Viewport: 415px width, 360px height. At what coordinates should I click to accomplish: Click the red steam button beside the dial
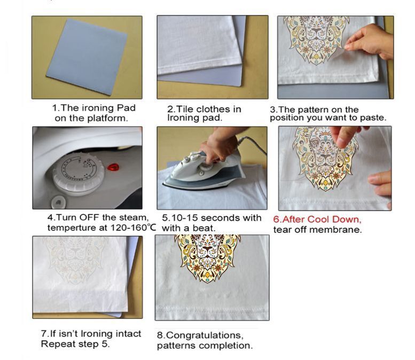113,167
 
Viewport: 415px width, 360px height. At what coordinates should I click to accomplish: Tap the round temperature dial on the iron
79,173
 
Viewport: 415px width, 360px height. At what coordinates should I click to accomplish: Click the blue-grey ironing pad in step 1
87,57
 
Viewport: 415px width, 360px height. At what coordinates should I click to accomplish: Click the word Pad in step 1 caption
126,108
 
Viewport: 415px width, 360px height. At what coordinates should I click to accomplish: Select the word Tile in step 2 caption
184,109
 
